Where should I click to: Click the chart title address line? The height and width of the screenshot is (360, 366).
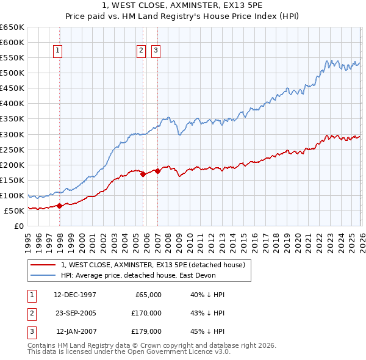click(182, 5)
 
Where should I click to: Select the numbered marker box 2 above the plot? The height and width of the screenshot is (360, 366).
click(141, 51)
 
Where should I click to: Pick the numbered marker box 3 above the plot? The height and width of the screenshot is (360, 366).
click(156, 51)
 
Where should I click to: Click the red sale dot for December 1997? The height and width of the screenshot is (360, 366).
click(60, 206)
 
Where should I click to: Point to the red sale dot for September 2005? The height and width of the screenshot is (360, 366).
click(143, 174)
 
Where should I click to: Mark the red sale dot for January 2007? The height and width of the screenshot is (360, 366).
click(157, 171)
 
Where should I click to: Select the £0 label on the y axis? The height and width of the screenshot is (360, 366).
click(20, 226)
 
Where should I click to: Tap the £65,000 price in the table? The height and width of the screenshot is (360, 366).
click(147, 295)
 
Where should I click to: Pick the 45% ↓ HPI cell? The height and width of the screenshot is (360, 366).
click(207, 331)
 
